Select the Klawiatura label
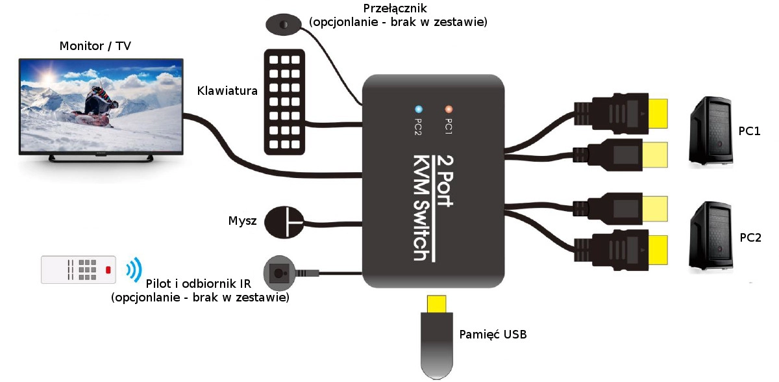227,91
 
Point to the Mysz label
243,221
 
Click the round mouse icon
286,223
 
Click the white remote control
79,269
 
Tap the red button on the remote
108,270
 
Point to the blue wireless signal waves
133,269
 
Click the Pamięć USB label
492,335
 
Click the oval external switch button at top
284,24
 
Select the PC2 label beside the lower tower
750,237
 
